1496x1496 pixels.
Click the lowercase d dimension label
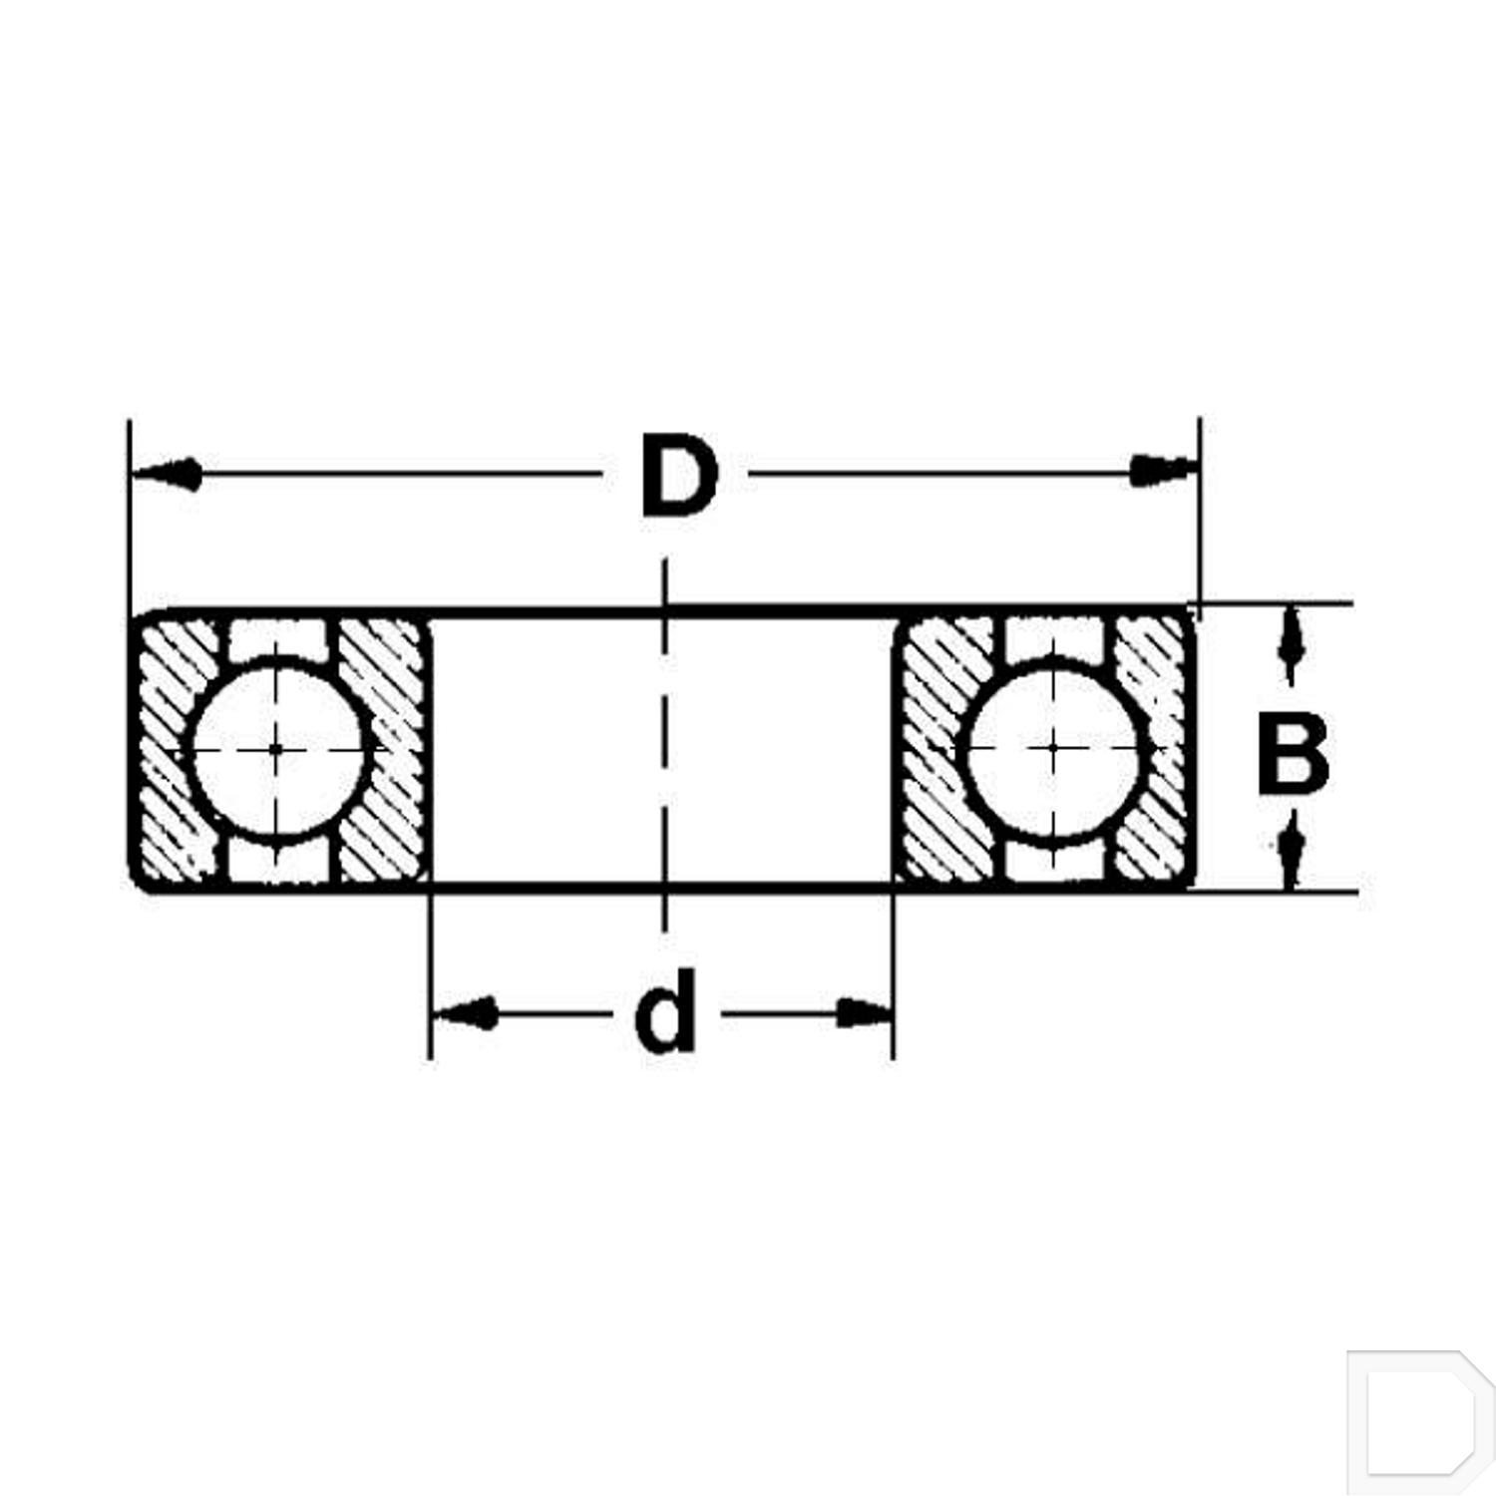665,1012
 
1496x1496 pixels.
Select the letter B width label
1292,753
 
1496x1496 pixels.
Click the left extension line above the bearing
129,519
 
